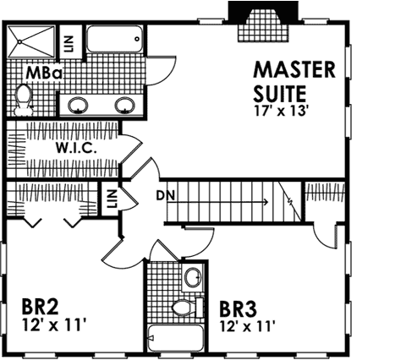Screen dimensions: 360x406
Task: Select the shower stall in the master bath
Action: (30, 41)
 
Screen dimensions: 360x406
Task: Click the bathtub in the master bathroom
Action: (115, 41)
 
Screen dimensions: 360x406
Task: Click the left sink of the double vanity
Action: (78, 106)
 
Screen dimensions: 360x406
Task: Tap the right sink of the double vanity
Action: (125, 106)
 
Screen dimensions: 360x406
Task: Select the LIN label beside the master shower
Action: (69, 41)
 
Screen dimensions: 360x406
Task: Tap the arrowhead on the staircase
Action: (266, 202)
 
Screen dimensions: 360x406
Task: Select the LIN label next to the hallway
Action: (111, 199)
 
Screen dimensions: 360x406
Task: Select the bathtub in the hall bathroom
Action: (174, 340)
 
